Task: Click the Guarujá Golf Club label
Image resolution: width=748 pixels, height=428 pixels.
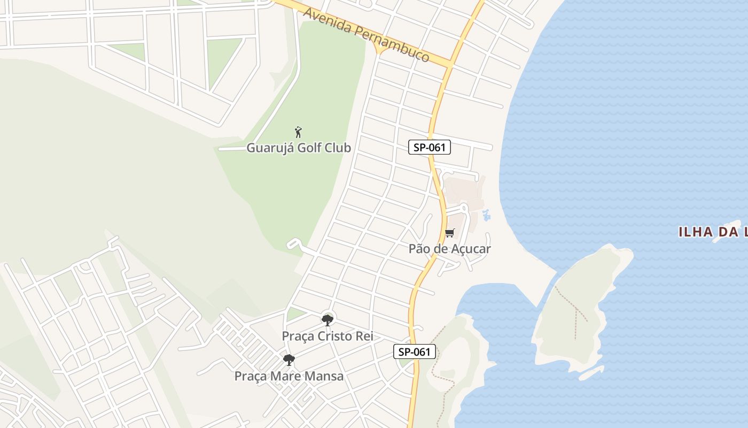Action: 298,148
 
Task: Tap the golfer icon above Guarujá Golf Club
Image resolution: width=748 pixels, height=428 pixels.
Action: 298,132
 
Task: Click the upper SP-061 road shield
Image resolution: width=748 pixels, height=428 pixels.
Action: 430,147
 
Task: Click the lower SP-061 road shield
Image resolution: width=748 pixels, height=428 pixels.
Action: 415,351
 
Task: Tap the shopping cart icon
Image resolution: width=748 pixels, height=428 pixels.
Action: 449,233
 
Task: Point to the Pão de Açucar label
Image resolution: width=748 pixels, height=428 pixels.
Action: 449,249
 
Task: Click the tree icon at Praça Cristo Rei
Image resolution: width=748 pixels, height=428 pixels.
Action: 327,320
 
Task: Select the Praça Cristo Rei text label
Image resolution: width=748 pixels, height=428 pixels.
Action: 327,337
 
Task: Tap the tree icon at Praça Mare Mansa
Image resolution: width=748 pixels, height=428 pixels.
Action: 289,360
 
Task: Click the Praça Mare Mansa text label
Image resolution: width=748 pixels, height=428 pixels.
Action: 289,376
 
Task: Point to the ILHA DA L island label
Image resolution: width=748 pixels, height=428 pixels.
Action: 713,232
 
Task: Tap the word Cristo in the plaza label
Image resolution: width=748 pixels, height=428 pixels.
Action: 336,337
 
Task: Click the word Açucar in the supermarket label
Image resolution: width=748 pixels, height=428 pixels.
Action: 471,249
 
